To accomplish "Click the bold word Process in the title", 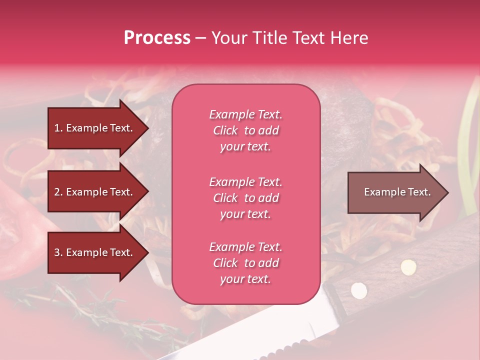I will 157,37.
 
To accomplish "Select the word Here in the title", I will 350,37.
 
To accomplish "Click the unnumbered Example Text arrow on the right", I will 395,192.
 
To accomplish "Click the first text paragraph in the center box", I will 245,130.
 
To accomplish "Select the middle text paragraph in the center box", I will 245,198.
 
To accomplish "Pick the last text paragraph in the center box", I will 245,263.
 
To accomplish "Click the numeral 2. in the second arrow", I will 58,192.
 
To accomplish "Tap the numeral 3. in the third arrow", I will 58,252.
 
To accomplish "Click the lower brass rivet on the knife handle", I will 358,289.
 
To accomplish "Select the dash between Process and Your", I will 200,38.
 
